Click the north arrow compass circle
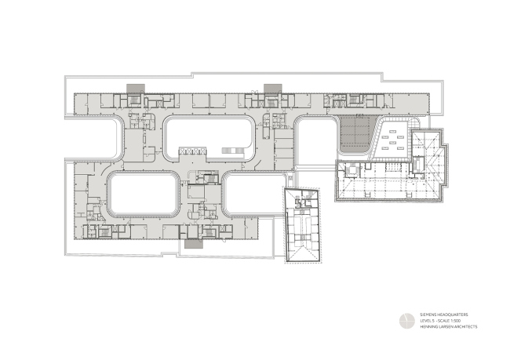(407, 320)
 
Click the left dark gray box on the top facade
(134, 86)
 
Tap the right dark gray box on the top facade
(272, 86)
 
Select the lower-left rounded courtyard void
(141, 194)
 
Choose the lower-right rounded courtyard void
(250, 194)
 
